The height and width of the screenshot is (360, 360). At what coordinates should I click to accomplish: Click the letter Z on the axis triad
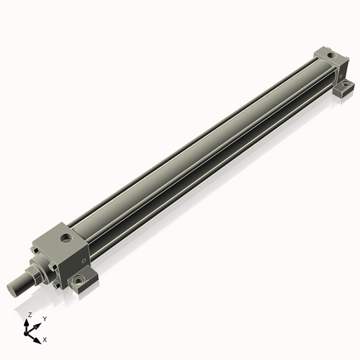coord(30,315)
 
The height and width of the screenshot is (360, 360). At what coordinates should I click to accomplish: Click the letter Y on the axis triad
coord(45,318)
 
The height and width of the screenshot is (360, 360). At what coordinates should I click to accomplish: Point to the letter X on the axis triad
coord(45,338)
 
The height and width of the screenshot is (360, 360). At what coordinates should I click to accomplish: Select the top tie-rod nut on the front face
coord(33,250)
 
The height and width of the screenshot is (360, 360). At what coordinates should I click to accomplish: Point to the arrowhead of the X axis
coord(40,336)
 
